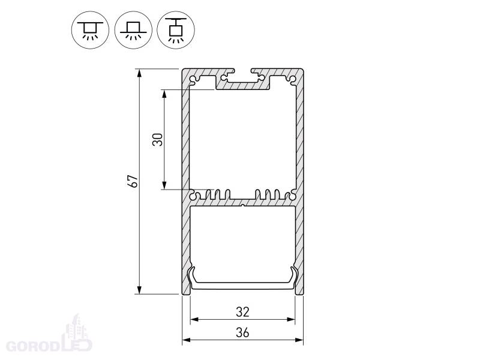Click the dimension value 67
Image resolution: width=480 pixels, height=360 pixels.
tap(133, 181)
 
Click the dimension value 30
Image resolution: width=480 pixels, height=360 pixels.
tap(158, 140)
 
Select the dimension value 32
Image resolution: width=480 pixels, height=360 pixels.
tap(242, 312)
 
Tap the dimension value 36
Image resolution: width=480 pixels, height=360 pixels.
tap(242, 332)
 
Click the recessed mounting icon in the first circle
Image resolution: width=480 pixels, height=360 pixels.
tap(91, 30)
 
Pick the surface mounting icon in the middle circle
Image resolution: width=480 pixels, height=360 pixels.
tap(133, 30)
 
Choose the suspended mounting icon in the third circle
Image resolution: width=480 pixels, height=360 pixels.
tap(176, 30)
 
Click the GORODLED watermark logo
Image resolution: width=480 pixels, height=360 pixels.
tap(49, 336)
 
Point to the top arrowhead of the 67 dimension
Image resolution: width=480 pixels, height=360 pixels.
tap(140, 73)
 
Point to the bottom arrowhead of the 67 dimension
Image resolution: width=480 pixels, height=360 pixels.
tap(140, 290)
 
